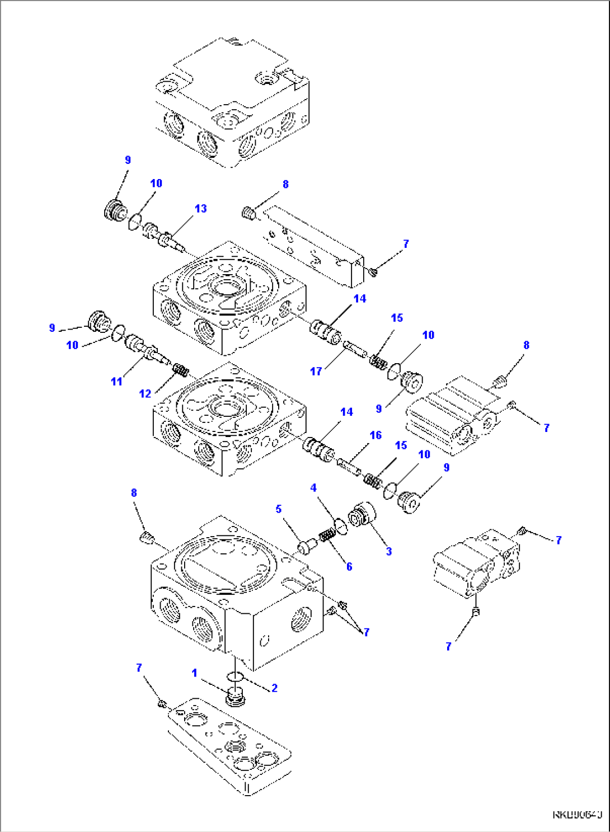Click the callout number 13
pos(200,209)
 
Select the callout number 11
pos(116,381)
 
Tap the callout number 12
pos(145,393)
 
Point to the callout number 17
pos(316,371)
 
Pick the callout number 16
pos(376,435)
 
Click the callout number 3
pos(388,551)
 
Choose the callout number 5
pos(278,509)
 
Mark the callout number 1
pos(194,673)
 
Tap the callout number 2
pos(274,688)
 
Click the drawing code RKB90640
pos(577,815)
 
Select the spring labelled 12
pos(181,370)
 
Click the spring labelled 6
pos(327,536)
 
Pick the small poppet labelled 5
pos(307,545)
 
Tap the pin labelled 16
pos(349,466)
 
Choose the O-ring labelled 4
pos(341,527)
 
